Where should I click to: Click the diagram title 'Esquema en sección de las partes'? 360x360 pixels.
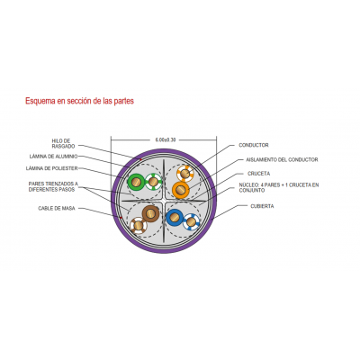(x=79, y=101)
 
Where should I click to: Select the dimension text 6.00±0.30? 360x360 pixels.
(x=166, y=139)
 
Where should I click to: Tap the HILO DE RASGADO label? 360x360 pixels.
(x=63, y=143)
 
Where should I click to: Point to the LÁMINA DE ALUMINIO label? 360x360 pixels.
(x=53, y=157)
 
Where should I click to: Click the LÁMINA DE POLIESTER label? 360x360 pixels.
(x=52, y=168)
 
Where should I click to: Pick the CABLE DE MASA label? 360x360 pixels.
(x=57, y=208)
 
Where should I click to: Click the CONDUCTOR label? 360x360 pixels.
(x=254, y=145)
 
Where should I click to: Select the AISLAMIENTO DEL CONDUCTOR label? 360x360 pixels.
(x=282, y=160)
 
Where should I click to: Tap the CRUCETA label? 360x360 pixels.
(x=258, y=174)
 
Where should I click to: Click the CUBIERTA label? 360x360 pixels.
(x=262, y=206)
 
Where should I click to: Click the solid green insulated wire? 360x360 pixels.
(x=136, y=182)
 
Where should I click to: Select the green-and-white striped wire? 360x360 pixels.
(x=153, y=182)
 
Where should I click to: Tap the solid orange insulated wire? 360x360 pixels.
(x=181, y=190)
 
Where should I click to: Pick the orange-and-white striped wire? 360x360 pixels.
(x=185, y=173)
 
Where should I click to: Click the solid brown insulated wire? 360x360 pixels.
(x=150, y=213)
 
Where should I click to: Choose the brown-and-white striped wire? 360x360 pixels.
(x=139, y=225)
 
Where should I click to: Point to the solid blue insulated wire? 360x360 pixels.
(x=175, y=218)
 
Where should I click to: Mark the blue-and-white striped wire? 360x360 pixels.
(x=192, y=221)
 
